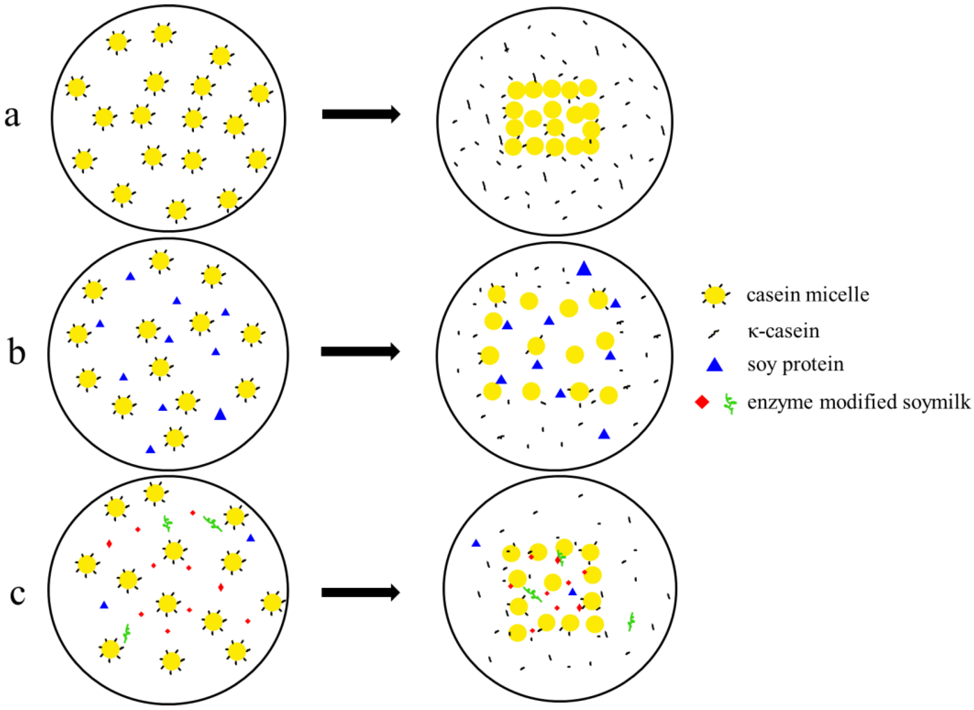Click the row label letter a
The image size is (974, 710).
click(x=13, y=117)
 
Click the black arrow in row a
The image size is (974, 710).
click(x=361, y=114)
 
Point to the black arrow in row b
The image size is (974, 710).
click(x=360, y=351)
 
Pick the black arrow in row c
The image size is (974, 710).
click(x=360, y=593)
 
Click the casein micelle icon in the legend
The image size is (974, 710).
click(x=714, y=296)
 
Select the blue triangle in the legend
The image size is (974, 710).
click(x=715, y=365)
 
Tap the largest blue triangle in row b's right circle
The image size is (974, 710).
click(x=584, y=269)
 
